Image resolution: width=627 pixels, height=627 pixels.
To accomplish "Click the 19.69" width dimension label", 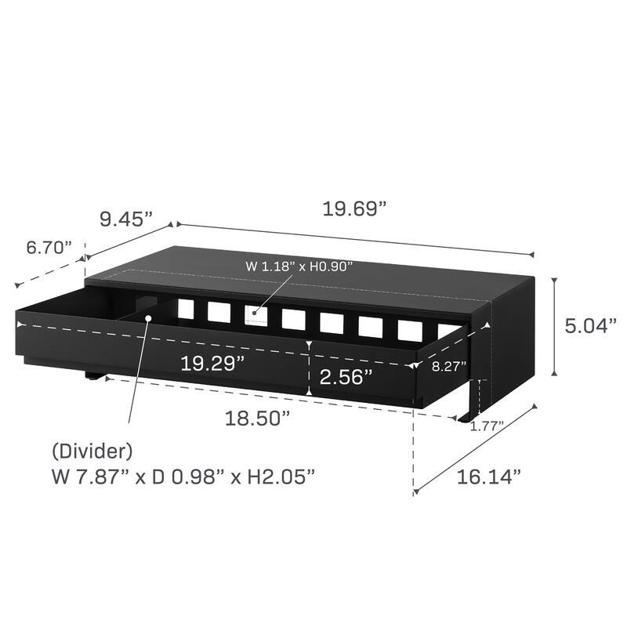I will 355,210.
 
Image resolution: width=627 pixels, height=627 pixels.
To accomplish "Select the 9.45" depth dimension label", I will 125,219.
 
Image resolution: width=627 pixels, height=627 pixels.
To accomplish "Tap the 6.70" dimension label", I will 49,248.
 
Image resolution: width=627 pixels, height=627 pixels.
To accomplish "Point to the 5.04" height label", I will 592,326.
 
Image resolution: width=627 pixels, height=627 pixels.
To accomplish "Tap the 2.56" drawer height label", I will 345,377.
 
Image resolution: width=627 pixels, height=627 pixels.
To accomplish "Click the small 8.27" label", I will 449,365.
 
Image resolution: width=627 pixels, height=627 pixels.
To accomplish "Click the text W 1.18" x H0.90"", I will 299,266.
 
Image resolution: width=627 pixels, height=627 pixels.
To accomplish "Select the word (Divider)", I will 92,451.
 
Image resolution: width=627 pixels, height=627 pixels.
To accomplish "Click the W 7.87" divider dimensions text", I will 184,477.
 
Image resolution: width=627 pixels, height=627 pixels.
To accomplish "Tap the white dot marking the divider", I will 148,317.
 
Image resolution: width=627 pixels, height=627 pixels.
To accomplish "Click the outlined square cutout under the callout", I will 255,315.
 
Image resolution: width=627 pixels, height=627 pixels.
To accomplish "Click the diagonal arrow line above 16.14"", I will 475,450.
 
